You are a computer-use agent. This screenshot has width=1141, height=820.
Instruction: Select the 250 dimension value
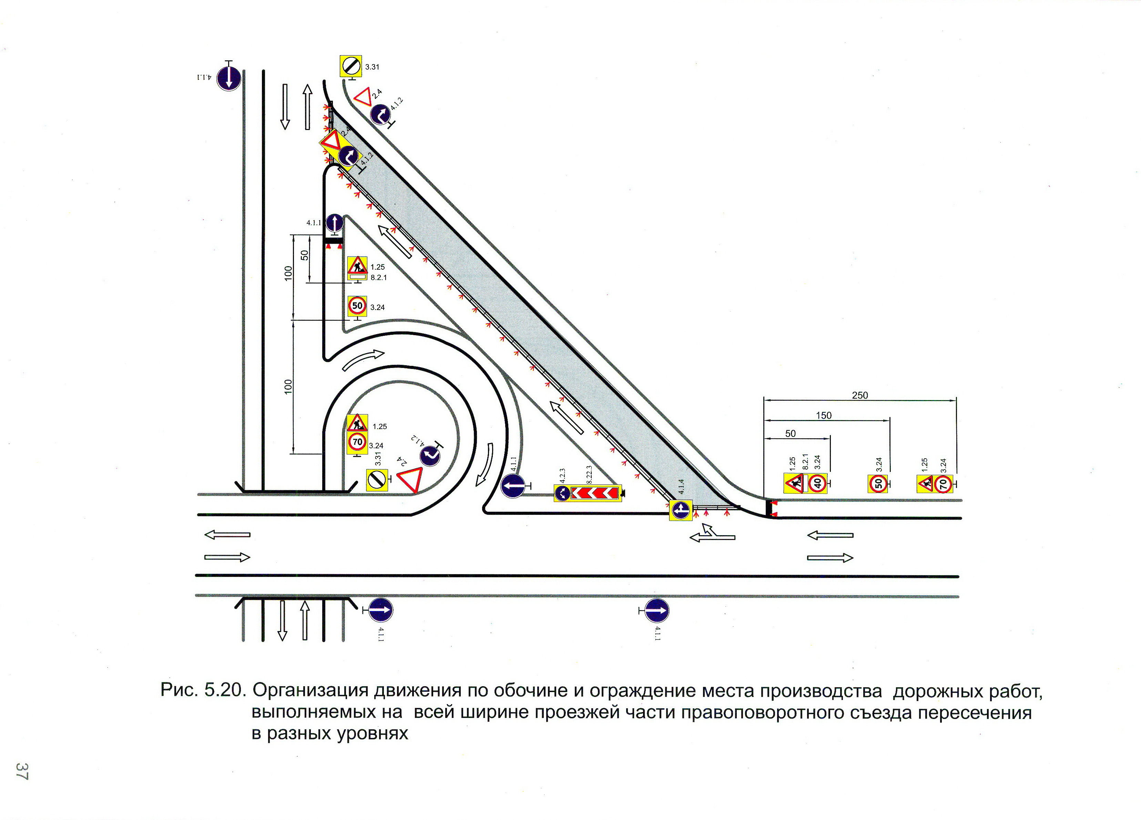[860, 395]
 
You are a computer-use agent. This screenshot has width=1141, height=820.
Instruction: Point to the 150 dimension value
[824, 415]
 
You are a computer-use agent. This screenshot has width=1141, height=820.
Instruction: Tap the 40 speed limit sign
[817, 483]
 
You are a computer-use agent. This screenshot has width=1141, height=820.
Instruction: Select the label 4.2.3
[562, 476]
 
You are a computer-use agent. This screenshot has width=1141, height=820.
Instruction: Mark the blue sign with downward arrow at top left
[228, 78]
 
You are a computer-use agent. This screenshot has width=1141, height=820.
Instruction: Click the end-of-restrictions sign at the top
[351, 66]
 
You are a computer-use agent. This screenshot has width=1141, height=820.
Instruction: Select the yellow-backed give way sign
[331, 142]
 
